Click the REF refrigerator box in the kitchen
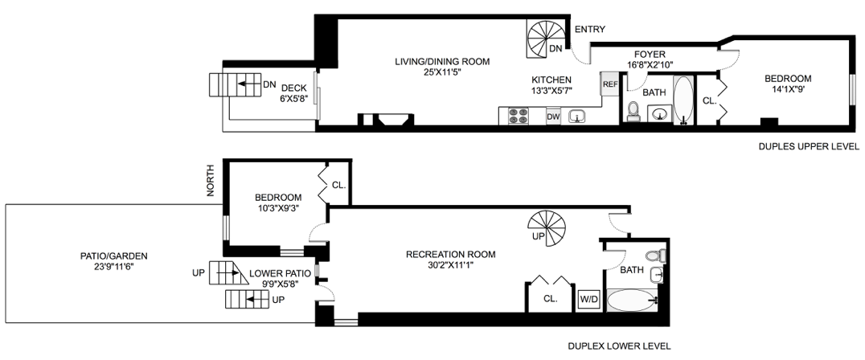(x=609, y=84)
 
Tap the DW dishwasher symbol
(x=553, y=117)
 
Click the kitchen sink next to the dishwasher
(x=577, y=117)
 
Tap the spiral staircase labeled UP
(x=547, y=229)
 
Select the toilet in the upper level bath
(x=633, y=112)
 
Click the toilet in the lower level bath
(x=656, y=256)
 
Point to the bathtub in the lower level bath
(x=633, y=301)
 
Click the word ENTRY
(x=590, y=29)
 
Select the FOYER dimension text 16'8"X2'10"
(x=650, y=64)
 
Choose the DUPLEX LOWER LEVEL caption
(x=619, y=346)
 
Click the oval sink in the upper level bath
(x=658, y=115)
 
